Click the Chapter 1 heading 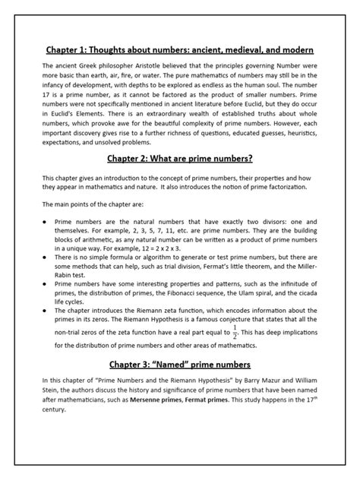click(180, 49)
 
